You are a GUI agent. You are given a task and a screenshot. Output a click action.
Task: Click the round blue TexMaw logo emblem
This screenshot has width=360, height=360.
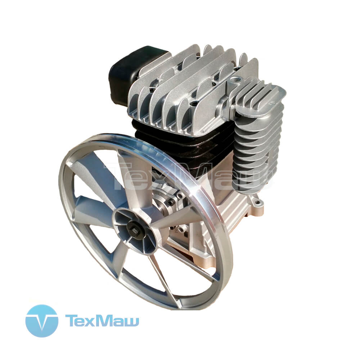click(42, 321)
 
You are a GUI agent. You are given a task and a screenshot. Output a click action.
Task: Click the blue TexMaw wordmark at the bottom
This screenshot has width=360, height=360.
click(102, 320)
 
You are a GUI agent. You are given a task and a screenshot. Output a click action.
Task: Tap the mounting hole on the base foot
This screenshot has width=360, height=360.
click(257, 202)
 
